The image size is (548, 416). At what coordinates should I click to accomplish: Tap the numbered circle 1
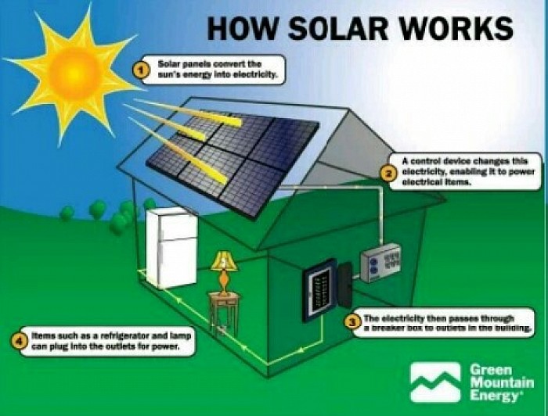click(141, 70)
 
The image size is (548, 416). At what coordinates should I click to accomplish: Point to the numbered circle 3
click(353, 322)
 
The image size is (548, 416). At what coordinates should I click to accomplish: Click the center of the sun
click(74, 70)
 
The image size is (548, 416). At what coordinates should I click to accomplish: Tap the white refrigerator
click(171, 248)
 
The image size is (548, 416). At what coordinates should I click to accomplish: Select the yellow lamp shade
click(224, 261)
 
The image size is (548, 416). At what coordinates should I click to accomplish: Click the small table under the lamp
click(224, 312)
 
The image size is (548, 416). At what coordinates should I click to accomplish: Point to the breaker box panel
click(319, 290)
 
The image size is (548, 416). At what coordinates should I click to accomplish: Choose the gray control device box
click(380, 263)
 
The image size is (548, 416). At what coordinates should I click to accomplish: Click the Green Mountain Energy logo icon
click(435, 382)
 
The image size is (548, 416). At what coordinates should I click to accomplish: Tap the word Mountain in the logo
click(502, 382)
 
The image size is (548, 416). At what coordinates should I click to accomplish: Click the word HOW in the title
click(242, 28)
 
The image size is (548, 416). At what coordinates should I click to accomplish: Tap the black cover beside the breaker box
click(345, 285)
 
